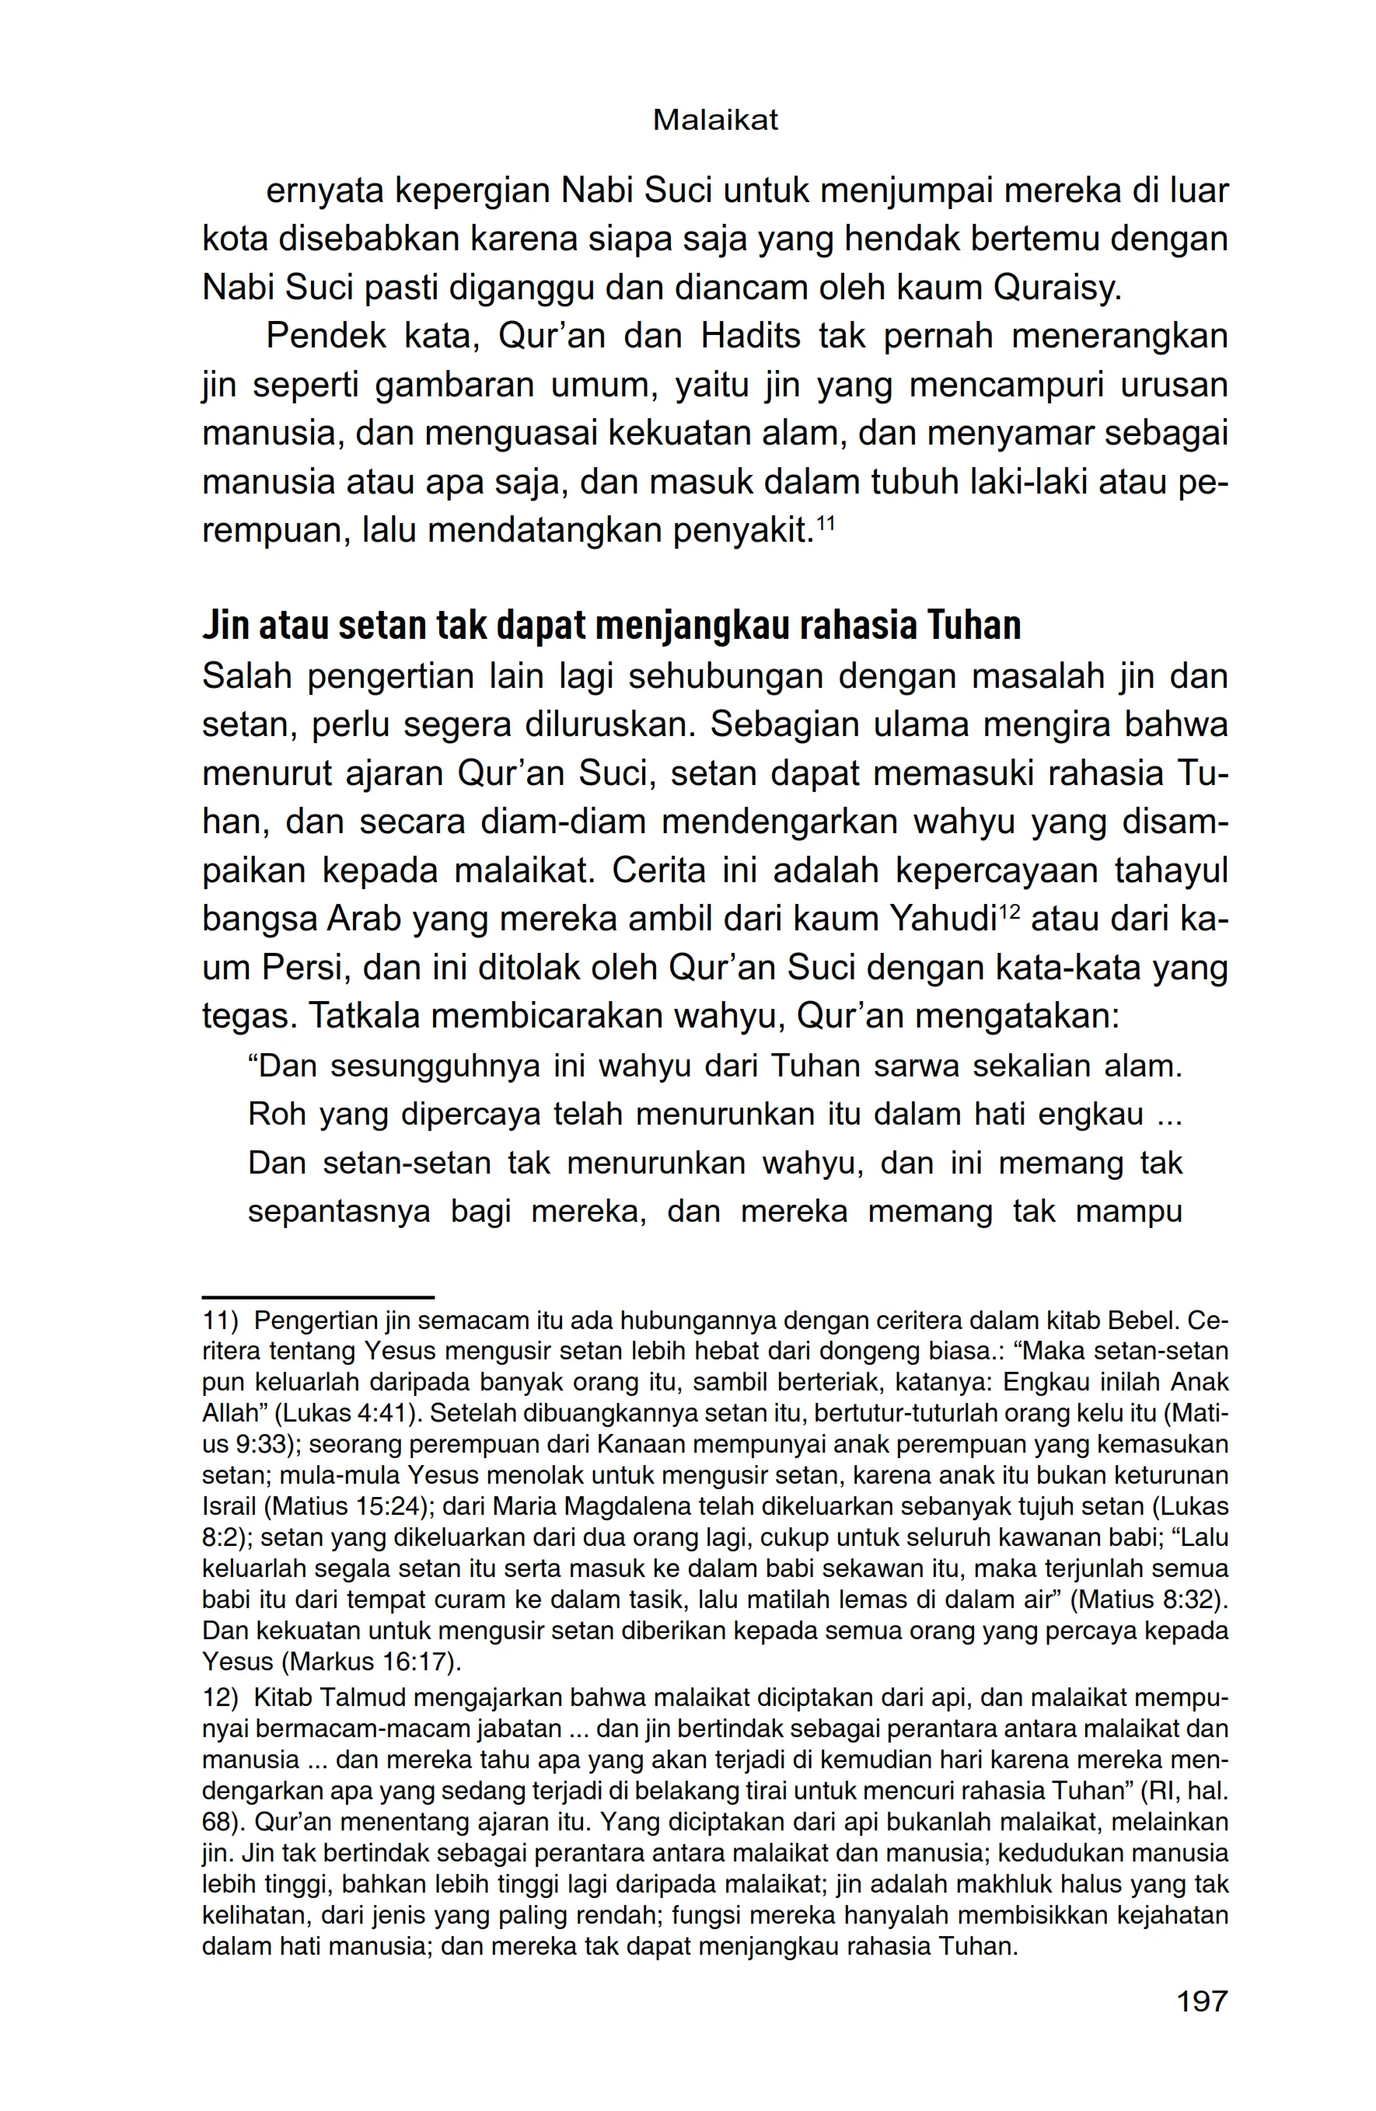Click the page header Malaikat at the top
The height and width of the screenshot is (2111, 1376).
point(715,120)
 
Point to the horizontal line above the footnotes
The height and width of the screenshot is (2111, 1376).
point(318,1296)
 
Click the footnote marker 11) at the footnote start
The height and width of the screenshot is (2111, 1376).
point(221,1321)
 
